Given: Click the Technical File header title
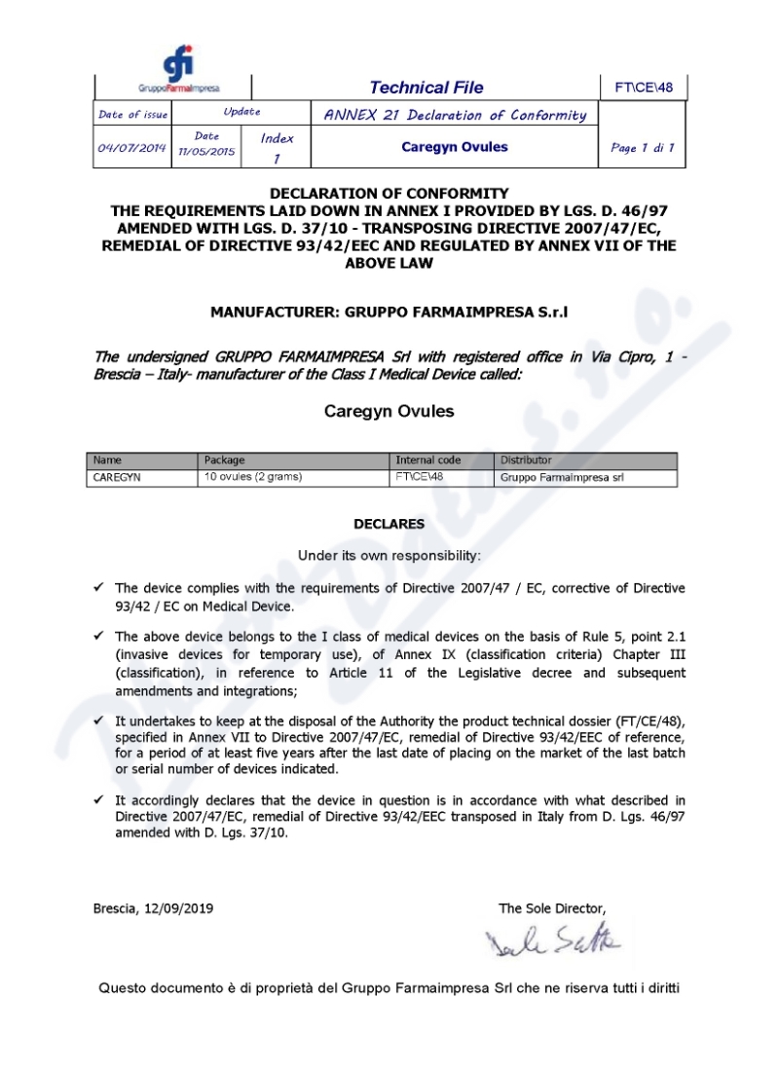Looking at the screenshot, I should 427,88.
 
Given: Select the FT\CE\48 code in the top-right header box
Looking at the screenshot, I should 644,88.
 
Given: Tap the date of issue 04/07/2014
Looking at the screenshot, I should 132,148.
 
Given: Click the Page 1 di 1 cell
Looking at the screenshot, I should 643,148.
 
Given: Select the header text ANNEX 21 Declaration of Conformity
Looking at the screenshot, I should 455,115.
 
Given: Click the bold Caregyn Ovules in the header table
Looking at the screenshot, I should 455,148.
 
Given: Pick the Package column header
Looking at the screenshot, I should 225,460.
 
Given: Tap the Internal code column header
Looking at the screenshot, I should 428,460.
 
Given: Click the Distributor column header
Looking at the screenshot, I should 526,460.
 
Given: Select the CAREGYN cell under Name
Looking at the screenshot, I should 117,477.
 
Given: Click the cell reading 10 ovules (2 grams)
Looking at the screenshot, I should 253,477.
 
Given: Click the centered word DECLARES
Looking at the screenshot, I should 389,524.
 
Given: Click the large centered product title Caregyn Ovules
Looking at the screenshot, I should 389,411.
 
